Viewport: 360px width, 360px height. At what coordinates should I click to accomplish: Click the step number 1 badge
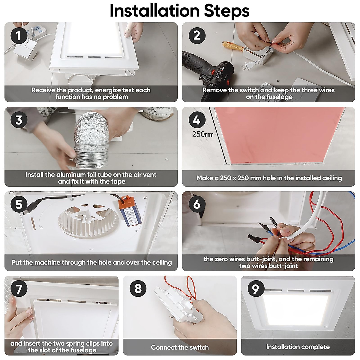pyautogui.click(x=19, y=35)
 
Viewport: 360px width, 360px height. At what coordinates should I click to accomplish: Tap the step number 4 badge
pyautogui.click(x=197, y=120)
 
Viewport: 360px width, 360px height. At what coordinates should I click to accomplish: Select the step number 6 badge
pyautogui.click(x=197, y=204)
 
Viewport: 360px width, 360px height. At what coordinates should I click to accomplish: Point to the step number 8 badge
pyautogui.click(x=138, y=289)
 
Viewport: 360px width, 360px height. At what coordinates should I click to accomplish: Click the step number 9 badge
pyautogui.click(x=256, y=289)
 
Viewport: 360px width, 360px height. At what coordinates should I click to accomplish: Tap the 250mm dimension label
pyautogui.click(x=203, y=134)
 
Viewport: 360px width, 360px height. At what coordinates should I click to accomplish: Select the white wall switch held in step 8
pyautogui.click(x=178, y=306)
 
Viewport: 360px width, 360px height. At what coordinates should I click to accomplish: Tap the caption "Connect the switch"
pyautogui.click(x=180, y=347)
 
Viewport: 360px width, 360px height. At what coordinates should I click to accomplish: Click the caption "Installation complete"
pyautogui.click(x=298, y=347)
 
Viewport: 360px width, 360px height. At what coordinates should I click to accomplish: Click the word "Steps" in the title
pyautogui.click(x=227, y=11)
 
